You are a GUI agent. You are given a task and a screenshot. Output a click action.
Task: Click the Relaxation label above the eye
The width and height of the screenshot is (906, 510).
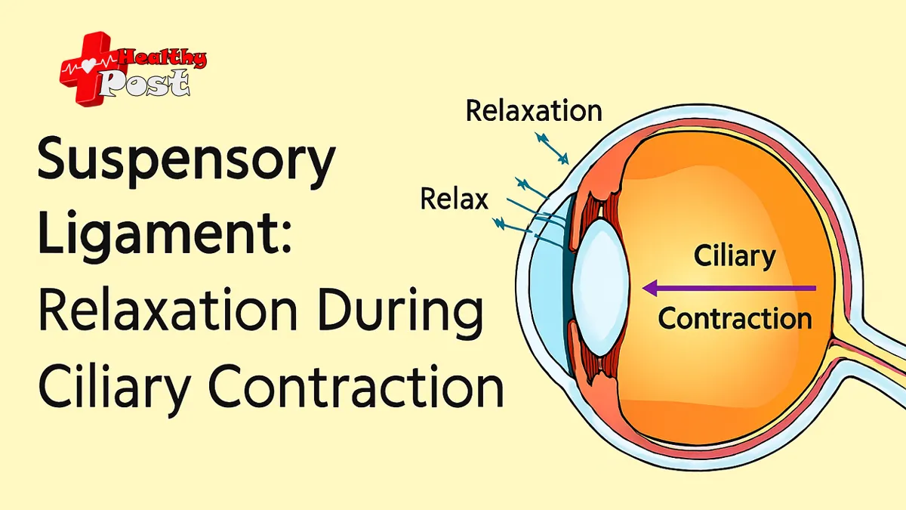click(534, 111)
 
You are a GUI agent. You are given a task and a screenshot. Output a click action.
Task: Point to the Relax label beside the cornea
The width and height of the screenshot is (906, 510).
click(455, 200)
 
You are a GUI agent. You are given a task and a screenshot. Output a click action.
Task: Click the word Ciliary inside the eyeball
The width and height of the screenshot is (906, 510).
click(735, 258)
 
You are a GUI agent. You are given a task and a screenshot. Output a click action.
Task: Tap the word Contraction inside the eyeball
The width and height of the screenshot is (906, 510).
click(735, 317)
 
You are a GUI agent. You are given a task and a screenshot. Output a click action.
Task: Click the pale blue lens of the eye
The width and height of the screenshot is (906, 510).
click(600, 287)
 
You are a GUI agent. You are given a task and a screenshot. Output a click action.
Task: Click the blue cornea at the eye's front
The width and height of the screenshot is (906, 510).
click(545, 287)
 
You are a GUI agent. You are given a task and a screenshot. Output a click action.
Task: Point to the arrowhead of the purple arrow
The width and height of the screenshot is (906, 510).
click(649, 288)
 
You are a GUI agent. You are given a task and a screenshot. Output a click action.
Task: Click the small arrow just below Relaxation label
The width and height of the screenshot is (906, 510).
click(551, 147)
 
